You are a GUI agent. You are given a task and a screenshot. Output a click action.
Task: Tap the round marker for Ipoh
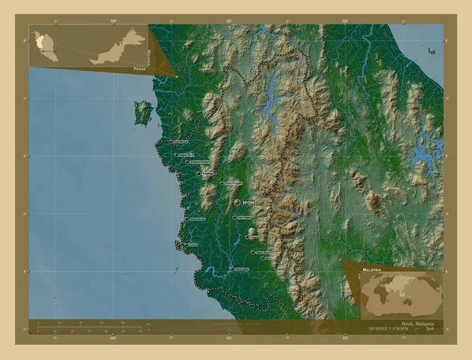237,202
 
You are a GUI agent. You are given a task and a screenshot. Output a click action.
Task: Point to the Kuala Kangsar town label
233,183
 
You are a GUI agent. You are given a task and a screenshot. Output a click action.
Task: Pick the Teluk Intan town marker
228,270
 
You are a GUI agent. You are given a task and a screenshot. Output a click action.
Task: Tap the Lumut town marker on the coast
186,233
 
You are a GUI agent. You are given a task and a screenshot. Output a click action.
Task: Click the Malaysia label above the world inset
371,269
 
